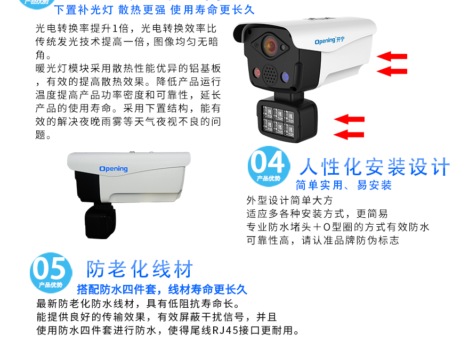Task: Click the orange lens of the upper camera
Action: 270,46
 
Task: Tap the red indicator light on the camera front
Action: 257,72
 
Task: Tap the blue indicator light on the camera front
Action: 285,77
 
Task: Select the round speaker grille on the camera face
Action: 270,75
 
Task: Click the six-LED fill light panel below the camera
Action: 278,122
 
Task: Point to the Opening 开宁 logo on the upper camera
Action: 329,40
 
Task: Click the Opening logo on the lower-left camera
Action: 114,169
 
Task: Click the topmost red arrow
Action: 392,56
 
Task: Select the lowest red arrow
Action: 349,134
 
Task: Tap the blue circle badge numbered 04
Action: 269,166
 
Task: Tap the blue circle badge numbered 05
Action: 51,273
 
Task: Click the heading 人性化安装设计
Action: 375,167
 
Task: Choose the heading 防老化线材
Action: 140,269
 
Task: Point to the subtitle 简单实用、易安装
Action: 344,185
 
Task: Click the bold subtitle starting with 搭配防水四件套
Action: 162,289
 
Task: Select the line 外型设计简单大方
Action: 289,200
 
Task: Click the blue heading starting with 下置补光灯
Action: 155,10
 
